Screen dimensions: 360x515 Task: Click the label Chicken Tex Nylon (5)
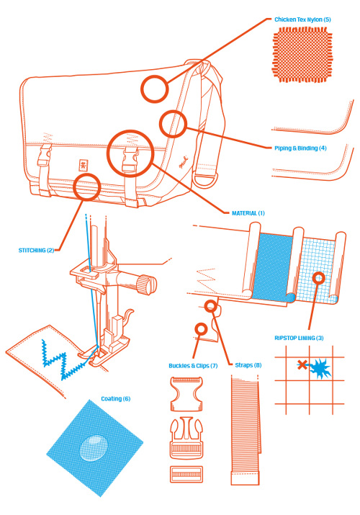302,19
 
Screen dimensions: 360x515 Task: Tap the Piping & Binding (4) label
300,148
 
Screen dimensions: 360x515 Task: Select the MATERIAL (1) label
248,213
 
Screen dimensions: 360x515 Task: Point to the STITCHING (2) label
37,250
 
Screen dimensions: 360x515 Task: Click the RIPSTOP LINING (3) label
299,338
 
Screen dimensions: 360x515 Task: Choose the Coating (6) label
115,399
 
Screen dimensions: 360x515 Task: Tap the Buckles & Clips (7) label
193,366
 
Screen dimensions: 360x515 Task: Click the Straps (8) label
248,365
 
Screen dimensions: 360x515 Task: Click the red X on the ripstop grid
302,365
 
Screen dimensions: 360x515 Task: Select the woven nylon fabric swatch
302,55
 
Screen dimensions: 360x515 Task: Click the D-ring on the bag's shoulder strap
204,181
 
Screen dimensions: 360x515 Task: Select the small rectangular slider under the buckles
186,474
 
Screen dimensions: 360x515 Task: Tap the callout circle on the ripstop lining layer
318,278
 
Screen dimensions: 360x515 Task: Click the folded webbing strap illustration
246,430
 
